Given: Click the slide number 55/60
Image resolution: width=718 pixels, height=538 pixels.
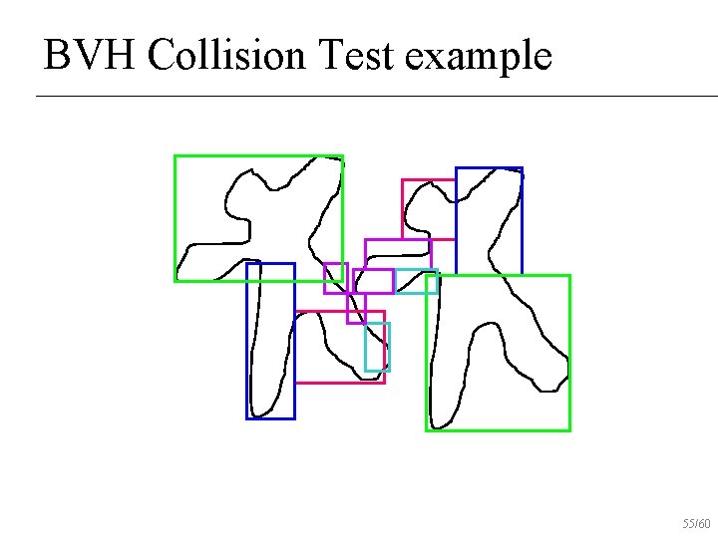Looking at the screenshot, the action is click(696, 523).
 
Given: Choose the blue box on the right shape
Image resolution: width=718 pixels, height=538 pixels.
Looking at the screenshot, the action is click(522, 219).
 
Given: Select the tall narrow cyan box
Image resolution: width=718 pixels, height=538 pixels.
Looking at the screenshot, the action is click(388, 347).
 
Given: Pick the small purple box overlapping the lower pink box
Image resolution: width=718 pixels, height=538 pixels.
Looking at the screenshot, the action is click(348, 309).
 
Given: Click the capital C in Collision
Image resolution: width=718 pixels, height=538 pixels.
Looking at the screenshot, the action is click(158, 56).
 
